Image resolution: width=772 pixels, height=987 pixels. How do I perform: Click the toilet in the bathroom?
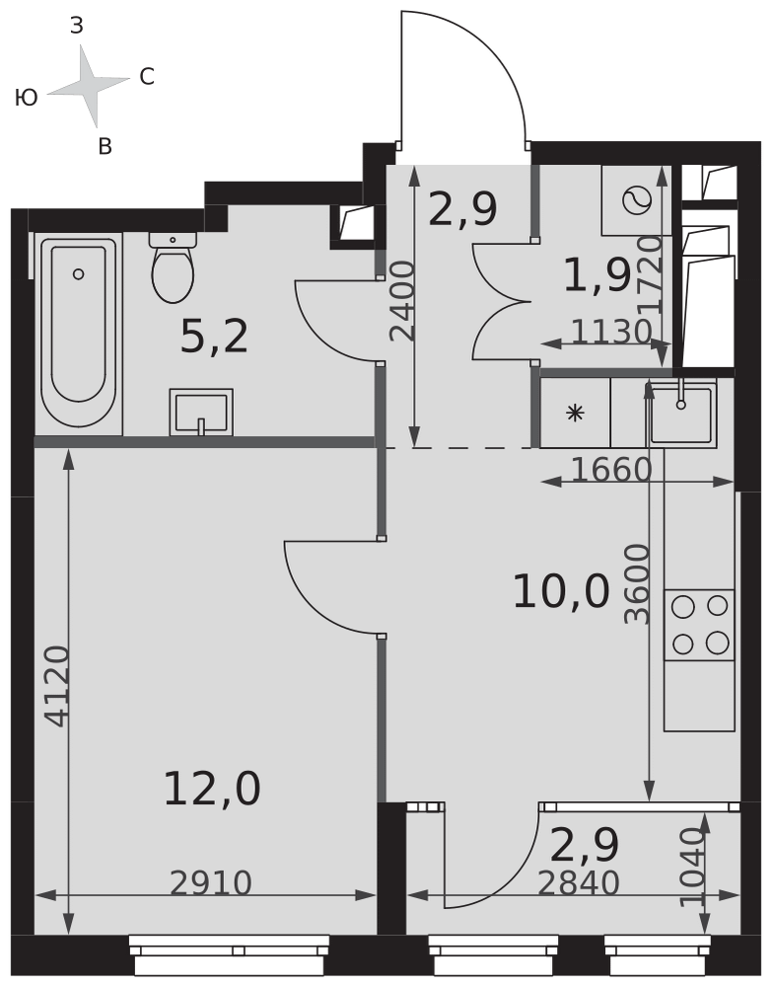click(x=173, y=266)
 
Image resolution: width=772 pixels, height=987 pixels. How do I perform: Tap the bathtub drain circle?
click(x=79, y=273)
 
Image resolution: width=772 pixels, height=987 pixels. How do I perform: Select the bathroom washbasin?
click(x=201, y=413)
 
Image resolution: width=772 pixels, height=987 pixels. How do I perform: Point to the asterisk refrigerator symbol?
click(x=575, y=413)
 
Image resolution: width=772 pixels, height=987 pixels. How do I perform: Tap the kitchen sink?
click(x=682, y=414)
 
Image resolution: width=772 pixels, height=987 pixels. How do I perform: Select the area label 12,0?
click(x=212, y=790)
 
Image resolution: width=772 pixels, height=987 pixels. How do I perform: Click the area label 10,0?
click(x=561, y=591)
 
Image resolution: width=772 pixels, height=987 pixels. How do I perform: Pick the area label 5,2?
click(x=214, y=337)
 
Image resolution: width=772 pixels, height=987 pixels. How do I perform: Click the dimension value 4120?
click(x=57, y=686)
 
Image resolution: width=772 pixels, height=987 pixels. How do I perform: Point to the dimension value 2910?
click(x=211, y=883)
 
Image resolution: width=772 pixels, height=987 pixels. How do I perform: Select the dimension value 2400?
click(x=402, y=301)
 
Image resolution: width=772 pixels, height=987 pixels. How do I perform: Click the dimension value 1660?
click(x=611, y=469)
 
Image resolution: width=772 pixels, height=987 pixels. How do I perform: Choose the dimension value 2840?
click(x=579, y=883)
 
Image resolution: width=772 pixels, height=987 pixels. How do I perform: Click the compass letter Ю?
click(x=27, y=98)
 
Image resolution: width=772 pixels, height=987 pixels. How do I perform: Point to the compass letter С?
click(x=147, y=77)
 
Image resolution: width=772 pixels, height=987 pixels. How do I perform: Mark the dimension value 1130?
click(x=611, y=332)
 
